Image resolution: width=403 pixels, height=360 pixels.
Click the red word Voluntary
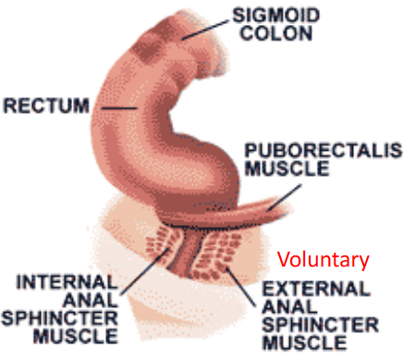[324, 260]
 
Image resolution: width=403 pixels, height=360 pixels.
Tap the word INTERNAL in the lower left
[56, 279]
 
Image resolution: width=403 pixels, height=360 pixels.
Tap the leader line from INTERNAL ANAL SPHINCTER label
[139, 264]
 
